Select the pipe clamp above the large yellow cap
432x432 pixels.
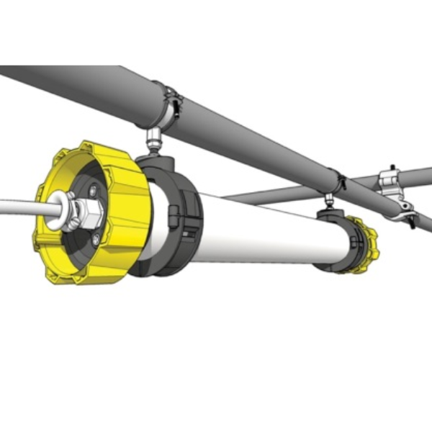pyautogui.click(x=170, y=107)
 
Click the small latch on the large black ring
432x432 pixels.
pyautogui.click(x=173, y=216)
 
